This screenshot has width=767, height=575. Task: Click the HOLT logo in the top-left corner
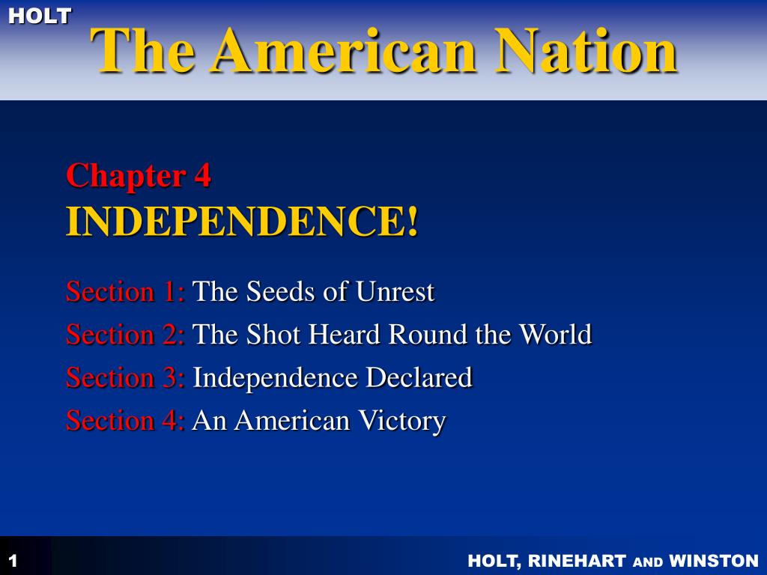coord(40,16)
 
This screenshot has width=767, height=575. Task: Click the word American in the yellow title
coord(344,50)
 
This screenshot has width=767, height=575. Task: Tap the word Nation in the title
coord(586,50)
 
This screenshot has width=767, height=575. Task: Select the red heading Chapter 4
coord(139,175)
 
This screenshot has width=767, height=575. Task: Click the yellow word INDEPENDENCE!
coord(242,221)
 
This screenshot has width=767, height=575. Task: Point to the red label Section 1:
coord(125,291)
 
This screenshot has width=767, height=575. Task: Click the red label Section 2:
coord(125,335)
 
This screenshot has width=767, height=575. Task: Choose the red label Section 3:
coord(125,377)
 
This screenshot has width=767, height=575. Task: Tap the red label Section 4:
coord(125,421)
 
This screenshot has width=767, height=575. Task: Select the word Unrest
coord(395,292)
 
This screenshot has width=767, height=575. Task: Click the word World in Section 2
coord(555,335)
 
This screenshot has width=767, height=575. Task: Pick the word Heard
coord(345,335)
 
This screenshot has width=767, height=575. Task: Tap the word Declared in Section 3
coord(419,377)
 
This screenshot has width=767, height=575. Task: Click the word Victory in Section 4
coord(401,422)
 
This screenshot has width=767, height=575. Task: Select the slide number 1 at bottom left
coord(13,560)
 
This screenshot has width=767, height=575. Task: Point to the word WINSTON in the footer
coord(714,560)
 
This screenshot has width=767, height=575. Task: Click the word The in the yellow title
coord(142,50)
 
